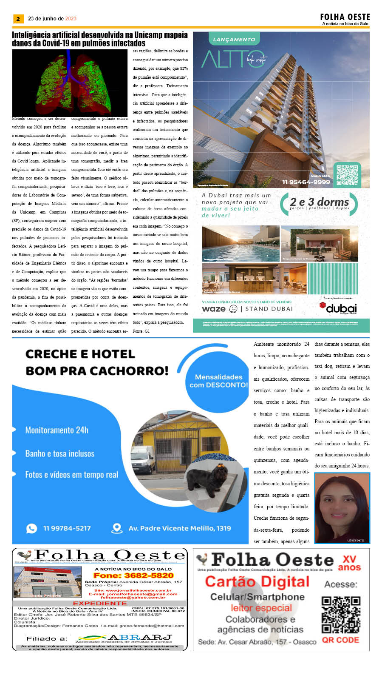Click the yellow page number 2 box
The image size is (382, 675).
coord(18,19)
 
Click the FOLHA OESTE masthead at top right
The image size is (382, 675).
coord(345,17)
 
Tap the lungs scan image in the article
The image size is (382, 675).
coord(70,83)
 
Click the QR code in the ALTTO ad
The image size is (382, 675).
coord(347,175)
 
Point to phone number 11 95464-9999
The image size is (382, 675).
coord(306,182)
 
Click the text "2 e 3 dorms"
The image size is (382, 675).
coord(319,202)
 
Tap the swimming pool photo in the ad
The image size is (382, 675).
coord(241,244)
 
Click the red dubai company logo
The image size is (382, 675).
coord(338,308)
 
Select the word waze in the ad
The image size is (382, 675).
coord(214,309)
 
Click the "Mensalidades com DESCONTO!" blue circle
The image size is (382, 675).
coord(218,381)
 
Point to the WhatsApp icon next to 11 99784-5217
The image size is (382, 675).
coord(31,528)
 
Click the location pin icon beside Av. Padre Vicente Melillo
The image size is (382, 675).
coord(116,528)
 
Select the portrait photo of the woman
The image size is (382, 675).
coord(342,508)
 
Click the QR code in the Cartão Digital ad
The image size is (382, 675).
coord(341,615)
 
